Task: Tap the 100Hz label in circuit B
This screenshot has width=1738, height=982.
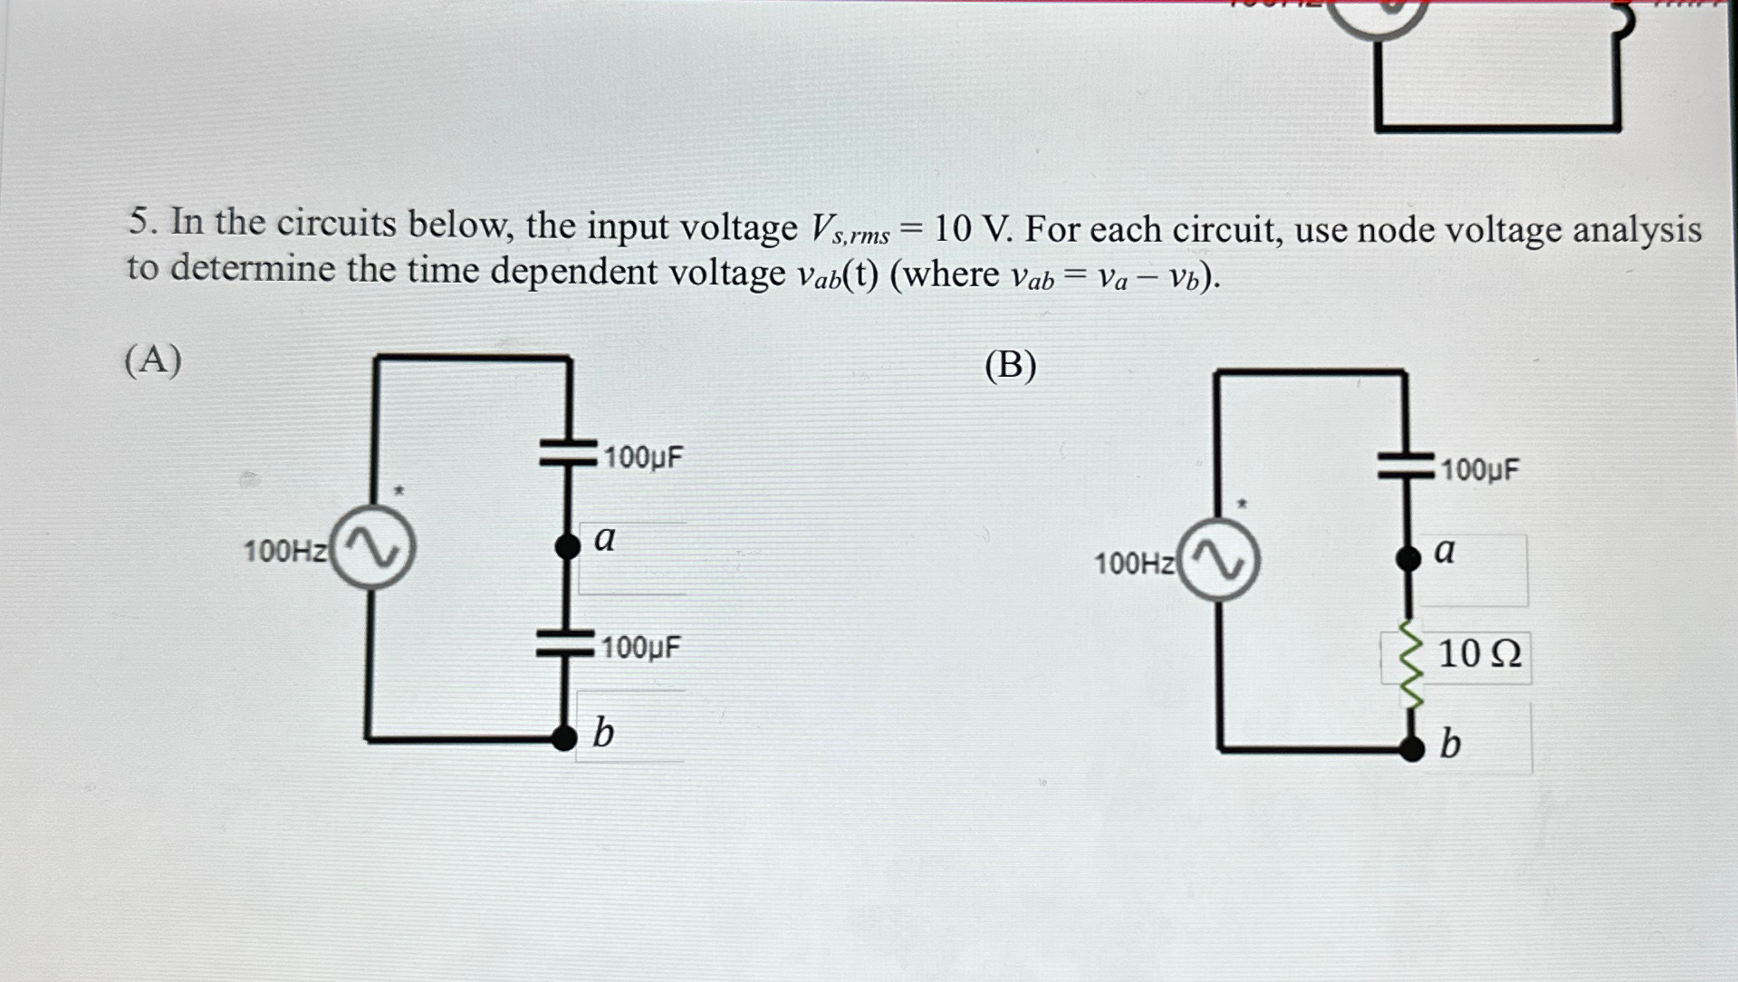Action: (1135, 563)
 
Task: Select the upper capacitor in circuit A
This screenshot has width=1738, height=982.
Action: (568, 452)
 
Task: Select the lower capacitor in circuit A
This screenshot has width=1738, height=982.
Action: (565, 642)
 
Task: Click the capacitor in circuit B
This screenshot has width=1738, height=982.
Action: (1406, 466)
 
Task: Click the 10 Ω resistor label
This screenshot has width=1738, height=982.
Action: (1479, 654)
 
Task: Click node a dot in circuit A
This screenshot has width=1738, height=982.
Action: (568, 545)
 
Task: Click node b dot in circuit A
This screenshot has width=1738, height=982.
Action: (564, 738)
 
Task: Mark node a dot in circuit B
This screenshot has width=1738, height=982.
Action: (1407, 558)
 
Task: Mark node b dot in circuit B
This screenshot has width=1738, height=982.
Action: (1411, 748)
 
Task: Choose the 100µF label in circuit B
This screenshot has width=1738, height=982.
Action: (1480, 470)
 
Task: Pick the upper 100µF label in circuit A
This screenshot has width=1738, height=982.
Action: (643, 457)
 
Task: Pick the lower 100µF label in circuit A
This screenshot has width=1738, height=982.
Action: (640, 648)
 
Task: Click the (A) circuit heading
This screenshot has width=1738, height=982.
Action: (153, 361)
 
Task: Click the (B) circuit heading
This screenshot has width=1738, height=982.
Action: (1010, 366)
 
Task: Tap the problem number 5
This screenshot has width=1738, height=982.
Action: (139, 222)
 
